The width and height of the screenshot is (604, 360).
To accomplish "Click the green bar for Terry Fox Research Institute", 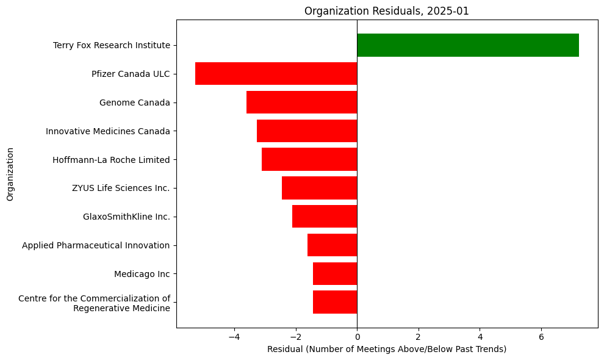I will point(467,45).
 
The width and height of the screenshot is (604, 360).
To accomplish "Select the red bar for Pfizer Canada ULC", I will point(276,74).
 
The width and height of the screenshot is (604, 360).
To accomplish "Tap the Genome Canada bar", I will point(301,103).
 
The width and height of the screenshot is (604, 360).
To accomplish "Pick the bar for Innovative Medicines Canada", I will point(307,131).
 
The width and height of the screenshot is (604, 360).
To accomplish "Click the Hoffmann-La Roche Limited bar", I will point(309,159).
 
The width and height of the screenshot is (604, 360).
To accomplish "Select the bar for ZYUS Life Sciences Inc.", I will point(319,188).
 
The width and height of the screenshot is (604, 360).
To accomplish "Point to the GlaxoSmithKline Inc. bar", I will point(325,217).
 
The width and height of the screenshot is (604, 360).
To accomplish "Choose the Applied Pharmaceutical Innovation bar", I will point(332,245).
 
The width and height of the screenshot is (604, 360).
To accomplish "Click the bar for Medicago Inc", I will point(335,274).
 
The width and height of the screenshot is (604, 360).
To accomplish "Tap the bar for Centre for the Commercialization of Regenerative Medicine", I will point(335,302).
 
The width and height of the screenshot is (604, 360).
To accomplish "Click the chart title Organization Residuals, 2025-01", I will point(387,11).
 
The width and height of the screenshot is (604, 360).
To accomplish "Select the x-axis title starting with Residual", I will point(387,349).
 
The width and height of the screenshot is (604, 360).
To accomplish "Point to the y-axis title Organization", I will point(10,173).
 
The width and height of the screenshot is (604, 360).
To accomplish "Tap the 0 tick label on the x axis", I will point(357,336).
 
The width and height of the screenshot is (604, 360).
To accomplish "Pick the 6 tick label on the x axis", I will point(541,336).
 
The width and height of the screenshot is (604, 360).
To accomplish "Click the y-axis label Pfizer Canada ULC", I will point(131,74).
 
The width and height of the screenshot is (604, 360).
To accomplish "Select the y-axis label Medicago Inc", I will point(142,274).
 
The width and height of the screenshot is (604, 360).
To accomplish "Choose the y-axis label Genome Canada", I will point(134,103).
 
